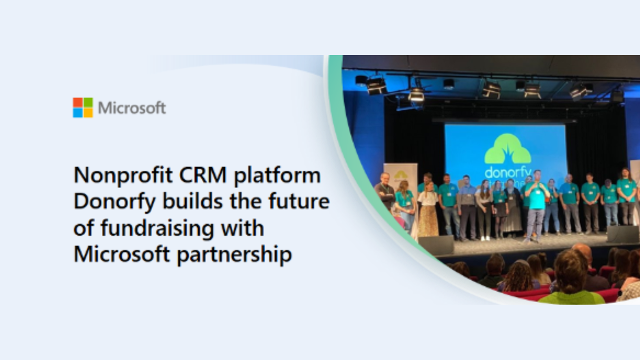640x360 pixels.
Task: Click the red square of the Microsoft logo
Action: [77, 102]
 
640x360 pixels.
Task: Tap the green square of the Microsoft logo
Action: [88, 102]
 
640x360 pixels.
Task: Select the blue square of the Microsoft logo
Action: [77, 112]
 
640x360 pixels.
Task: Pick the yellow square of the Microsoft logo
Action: [88, 112]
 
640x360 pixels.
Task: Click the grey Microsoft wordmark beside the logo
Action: [132, 108]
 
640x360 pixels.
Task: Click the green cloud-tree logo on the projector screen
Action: [507, 148]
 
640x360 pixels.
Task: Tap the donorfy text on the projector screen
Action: [508, 172]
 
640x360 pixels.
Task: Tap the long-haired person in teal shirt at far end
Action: [626, 196]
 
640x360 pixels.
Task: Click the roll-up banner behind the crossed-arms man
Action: [400, 183]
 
